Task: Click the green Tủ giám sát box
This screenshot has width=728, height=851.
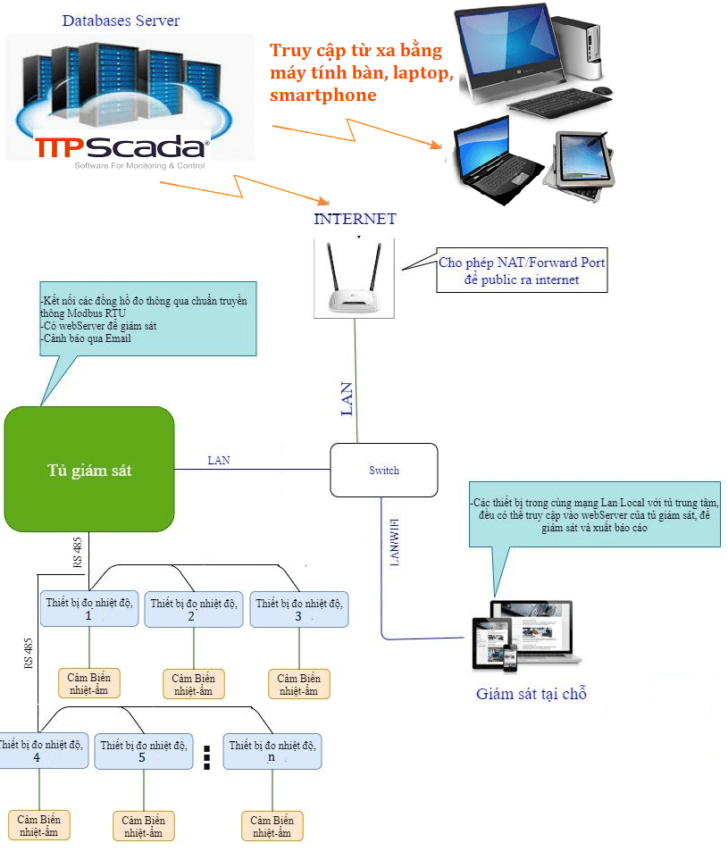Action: coord(88,471)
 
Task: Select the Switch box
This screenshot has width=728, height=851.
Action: coord(384,470)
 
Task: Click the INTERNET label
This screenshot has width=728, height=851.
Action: coord(355,219)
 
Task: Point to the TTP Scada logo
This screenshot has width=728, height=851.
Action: coord(121,147)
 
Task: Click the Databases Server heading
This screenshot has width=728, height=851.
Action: coord(121,21)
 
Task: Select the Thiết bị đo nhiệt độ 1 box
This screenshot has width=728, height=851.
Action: coord(88,610)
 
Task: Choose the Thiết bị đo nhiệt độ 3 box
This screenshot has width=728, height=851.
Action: coord(298,610)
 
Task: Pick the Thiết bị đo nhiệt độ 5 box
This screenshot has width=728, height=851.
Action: coord(143,751)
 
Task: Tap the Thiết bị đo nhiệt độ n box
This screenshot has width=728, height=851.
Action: coord(272,751)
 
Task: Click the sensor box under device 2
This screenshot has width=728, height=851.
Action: coord(193,684)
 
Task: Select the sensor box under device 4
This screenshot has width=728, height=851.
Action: coord(38,825)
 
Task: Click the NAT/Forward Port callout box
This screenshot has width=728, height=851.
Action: coord(522,271)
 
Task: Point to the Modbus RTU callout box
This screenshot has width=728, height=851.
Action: coord(143,321)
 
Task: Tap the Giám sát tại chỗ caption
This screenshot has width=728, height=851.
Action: coord(531,694)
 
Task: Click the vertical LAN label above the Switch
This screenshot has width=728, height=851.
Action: coord(347,398)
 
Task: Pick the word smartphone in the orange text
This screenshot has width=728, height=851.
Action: coord(322,96)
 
